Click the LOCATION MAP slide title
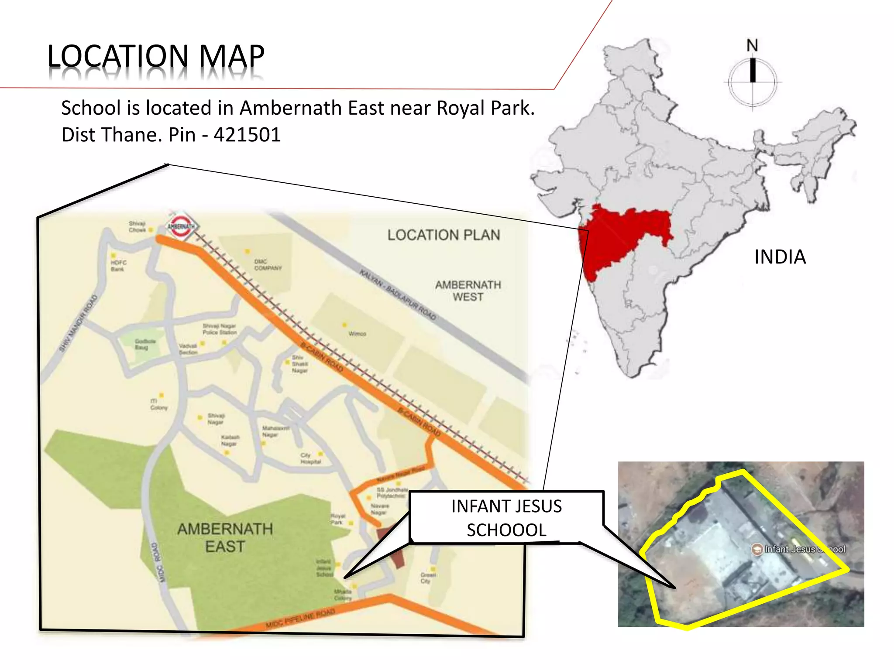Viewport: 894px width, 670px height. click(156, 56)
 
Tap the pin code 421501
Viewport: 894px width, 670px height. click(247, 135)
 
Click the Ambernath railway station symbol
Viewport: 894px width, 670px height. click(181, 226)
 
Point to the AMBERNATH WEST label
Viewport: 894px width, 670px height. click(468, 291)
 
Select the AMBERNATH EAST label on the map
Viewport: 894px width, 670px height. click(225, 537)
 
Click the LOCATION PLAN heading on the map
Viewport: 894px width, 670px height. click(444, 235)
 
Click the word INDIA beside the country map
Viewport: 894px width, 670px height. click(780, 257)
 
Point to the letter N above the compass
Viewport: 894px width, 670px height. click(752, 45)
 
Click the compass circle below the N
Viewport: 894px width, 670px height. click(753, 82)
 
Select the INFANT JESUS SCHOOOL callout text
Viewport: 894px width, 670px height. click(506, 518)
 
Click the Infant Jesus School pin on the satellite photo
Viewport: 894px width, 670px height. click(756, 549)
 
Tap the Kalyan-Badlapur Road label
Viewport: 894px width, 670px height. click(398, 295)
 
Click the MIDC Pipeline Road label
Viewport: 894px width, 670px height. click(300, 619)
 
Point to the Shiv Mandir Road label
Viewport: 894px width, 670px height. click(79, 323)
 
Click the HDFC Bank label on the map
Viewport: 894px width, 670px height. click(118, 266)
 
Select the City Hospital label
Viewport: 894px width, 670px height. click(310, 458)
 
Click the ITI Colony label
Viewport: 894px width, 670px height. click(158, 404)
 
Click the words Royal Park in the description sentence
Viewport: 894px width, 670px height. click(485, 108)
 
